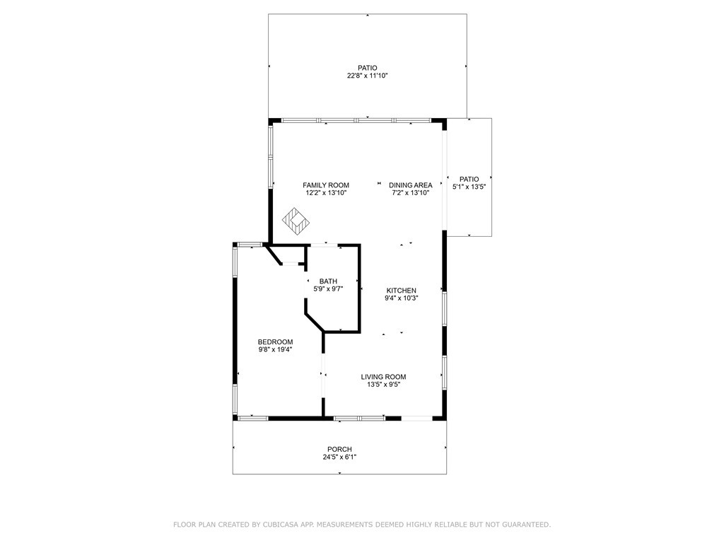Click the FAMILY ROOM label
click(x=326, y=185)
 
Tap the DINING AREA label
click(x=411, y=185)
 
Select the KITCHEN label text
click(x=402, y=291)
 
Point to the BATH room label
click(x=328, y=281)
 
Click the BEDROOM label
click(x=275, y=341)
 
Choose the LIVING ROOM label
click(x=384, y=377)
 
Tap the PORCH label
click(x=339, y=449)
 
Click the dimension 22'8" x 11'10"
click(x=368, y=76)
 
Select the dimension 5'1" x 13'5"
click(x=469, y=187)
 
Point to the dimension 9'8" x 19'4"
click(x=275, y=349)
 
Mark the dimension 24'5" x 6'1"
click(x=339, y=457)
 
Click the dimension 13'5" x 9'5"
click(x=384, y=385)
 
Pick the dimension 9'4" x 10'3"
click(x=402, y=298)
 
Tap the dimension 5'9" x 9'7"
click(x=328, y=289)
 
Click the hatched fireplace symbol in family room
click(x=296, y=221)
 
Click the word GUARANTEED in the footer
click(x=526, y=525)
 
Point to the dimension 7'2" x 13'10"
click(x=411, y=193)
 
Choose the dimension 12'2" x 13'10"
click(x=326, y=193)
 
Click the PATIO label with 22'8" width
click(x=368, y=68)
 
